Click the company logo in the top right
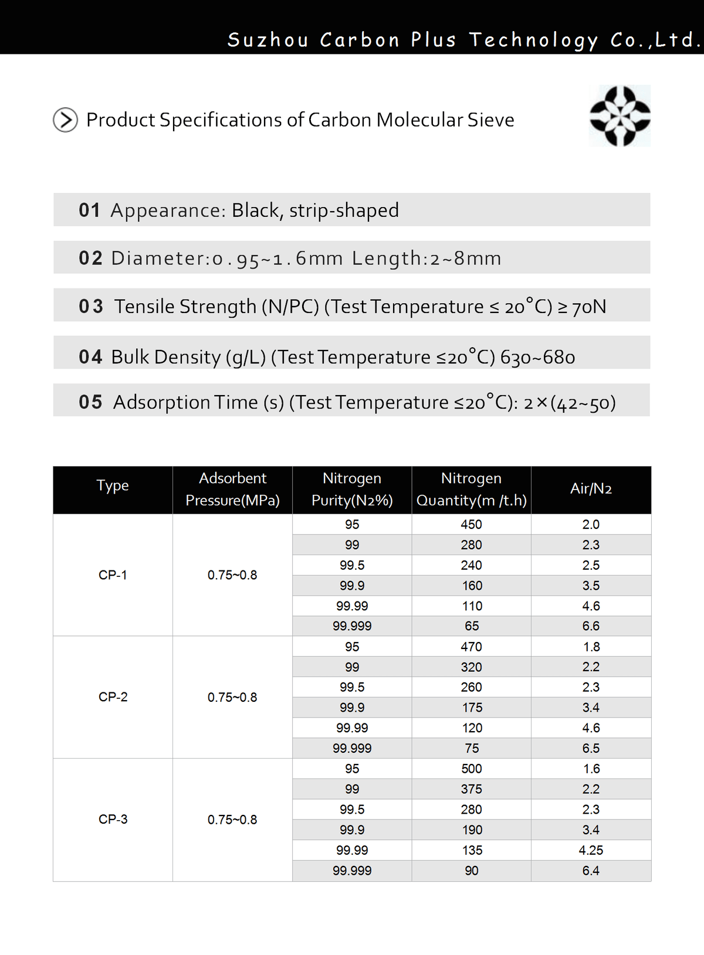620,115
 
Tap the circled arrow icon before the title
65,120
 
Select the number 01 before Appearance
90,210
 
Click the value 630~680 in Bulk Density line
537,356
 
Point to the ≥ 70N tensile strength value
582,306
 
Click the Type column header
113,485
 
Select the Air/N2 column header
591,488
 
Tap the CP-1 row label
113,575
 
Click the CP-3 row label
113,819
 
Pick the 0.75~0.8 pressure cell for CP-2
232,697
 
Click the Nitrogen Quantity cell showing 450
471,524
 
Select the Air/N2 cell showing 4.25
591,850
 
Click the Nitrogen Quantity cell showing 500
471,769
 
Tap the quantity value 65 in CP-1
472,626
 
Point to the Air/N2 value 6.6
591,626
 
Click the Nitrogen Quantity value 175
472,708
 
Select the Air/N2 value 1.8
591,647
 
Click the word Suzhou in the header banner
268,40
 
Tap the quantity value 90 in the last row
472,871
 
